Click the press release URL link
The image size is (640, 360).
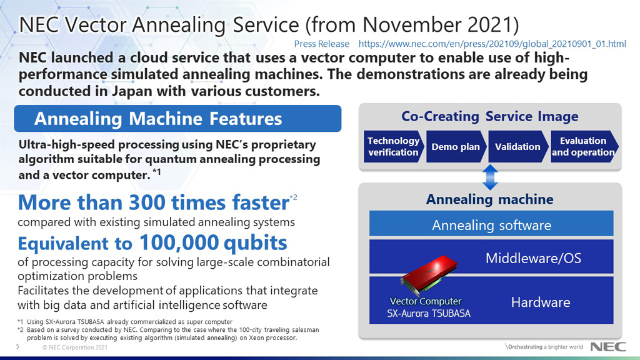(492, 44)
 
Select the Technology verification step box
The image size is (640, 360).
(393, 147)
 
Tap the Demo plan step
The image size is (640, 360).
(456, 147)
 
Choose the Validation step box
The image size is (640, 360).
(517, 147)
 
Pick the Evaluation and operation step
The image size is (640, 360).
(582, 147)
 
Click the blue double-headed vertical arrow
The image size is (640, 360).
(491, 177)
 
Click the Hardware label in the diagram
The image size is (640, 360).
(540, 302)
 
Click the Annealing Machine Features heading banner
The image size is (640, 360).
(177, 119)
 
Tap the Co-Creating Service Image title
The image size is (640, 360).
(489, 116)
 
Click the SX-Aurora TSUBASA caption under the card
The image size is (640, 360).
(428, 313)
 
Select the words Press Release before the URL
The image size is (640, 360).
(321, 44)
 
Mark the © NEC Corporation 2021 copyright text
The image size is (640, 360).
(70, 347)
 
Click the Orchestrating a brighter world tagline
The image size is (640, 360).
(544, 347)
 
